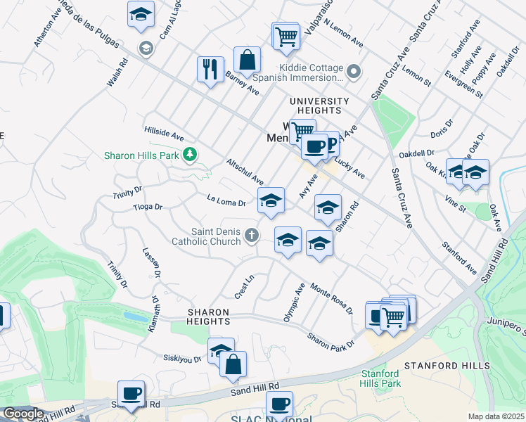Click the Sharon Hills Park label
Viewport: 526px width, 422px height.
click(x=142, y=156)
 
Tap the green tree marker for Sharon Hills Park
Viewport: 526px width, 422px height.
click(x=190, y=154)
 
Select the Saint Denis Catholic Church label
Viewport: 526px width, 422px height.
click(x=207, y=236)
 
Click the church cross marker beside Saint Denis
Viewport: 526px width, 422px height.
click(x=252, y=236)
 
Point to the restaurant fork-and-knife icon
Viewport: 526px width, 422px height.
click(x=210, y=69)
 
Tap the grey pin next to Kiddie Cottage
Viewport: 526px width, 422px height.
click(x=354, y=72)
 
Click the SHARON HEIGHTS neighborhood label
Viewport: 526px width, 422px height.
click(x=208, y=316)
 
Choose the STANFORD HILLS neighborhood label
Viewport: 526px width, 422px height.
click(x=447, y=366)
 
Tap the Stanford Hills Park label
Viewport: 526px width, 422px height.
click(x=380, y=378)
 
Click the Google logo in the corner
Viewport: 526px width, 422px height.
click(x=23, y=413)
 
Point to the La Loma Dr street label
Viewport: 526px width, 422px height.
click(x=226, y=203)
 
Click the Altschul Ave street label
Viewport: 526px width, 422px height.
click(x=245, y=172)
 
